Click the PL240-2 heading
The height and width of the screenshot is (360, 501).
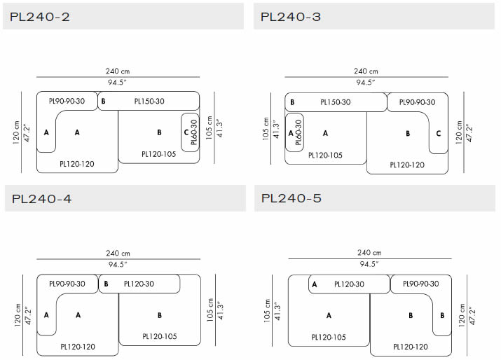[x=41, y=16]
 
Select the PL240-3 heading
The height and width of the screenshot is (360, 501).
[x=290, y=16]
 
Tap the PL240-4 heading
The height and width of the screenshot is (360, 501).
[x=41, y=199]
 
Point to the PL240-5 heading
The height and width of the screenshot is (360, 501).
[x=291, y=199]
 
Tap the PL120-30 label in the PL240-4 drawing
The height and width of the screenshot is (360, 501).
[x=140, y=284]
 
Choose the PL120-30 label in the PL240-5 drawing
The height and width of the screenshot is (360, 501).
[x=348, y=284]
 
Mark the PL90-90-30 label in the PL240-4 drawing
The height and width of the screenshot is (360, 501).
[x=67, y=284]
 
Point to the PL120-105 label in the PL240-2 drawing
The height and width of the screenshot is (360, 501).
[x=159, y=154]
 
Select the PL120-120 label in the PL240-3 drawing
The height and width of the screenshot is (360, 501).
[x=406, y=165]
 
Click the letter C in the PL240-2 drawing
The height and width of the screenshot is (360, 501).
[x=185, y=132]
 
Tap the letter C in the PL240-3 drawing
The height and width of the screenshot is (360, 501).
[x=438, y=132]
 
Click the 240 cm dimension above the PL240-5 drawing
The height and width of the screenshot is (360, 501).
[x=369, y=253]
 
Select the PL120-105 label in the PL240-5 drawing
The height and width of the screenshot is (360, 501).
[x=328, y=337]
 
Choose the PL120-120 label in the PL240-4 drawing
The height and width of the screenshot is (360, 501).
[x=78, y=347]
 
